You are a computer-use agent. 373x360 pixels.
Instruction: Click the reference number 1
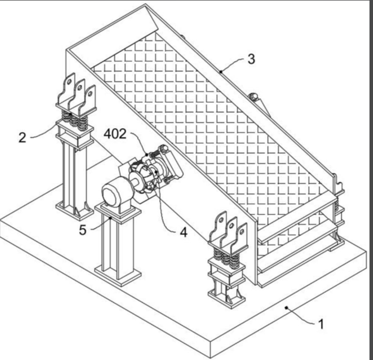coord(322,325)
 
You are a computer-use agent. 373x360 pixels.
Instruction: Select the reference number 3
coord(251,59)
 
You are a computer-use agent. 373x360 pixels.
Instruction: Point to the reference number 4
coord(183,233)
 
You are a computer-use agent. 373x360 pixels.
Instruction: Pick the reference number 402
coord(114,134)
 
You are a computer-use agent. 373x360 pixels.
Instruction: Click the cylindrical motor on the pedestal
coord(115,196)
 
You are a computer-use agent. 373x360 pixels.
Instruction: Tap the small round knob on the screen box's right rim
coord(254,97)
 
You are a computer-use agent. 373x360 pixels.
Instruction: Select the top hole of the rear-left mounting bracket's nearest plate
coord(68,83)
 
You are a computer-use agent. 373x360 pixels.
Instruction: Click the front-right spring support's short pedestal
coord(226,283)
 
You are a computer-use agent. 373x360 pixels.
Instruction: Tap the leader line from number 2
coord(44,134)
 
